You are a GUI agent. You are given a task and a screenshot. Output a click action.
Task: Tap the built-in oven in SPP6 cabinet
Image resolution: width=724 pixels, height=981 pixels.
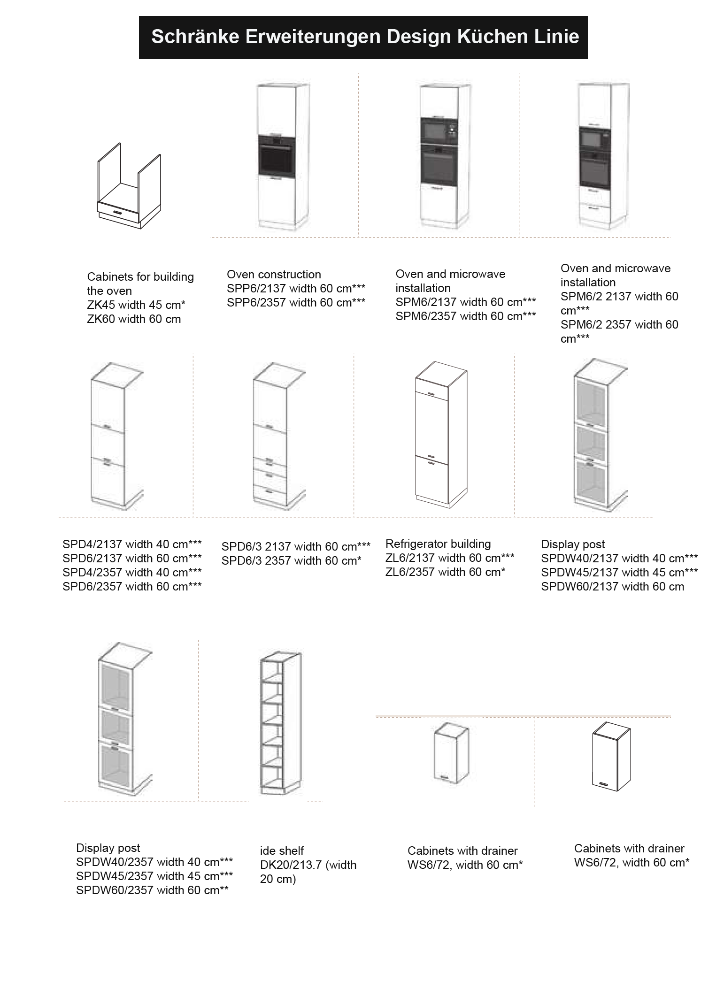click(277, 156)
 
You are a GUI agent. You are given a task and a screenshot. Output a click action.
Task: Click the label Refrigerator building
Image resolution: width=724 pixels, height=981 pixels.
click(438, 544)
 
